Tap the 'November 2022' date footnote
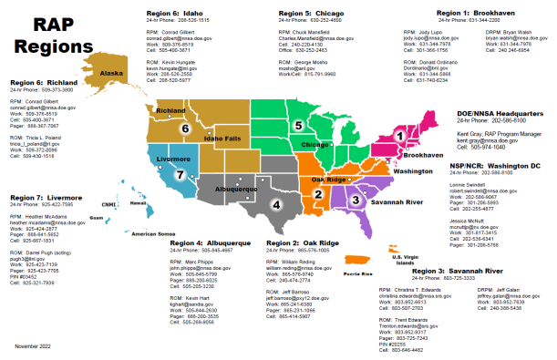click(33, 348)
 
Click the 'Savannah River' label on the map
click(398, 201)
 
